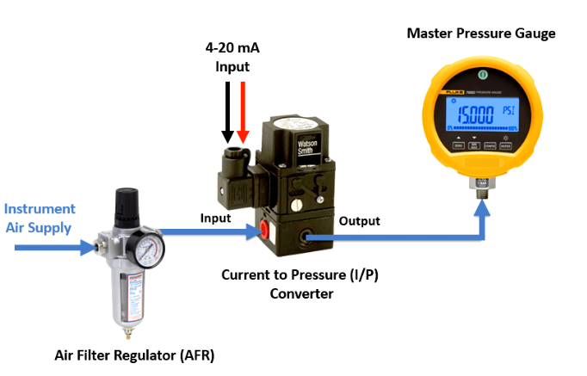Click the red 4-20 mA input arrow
(x=243, y=112)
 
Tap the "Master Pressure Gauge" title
(x=481, y=34)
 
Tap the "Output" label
(x=359, y=221)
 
